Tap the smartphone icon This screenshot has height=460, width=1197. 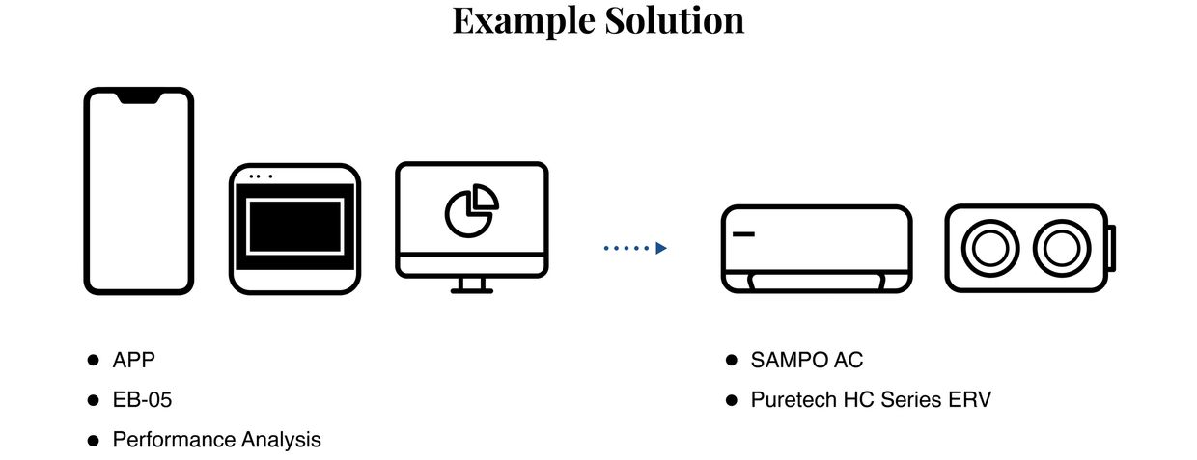pyautogui.click(x=138, y=190)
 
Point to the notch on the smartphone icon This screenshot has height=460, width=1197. pyautogui.click(x=138, y=97)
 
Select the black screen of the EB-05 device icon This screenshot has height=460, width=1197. pyautogui.click(x=294, y=226)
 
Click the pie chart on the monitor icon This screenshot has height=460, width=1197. pyautogui.click(x=471, y=209)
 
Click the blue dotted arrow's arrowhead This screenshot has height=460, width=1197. pyautogui.click(x=661, y=248)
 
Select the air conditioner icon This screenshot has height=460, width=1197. pyautogui.click(x=817, y=248)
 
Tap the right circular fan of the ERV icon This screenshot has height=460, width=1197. pyautogui.click(x=1061, y=248)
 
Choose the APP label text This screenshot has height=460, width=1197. pyautogui.click(x=133, y=360)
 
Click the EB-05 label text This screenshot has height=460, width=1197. pyautogui.click(x=142, y=399)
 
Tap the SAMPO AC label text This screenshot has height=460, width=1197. pyautogui.click(x=807, y=360)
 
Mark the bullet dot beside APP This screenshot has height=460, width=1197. pyautogui.click(x=94, y=360)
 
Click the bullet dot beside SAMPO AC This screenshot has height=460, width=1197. pyautogui.click(x=732, y=360)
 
